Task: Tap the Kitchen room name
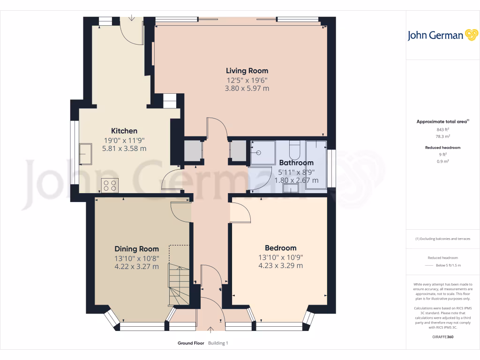coord(124,131)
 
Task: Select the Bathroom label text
coord(296,163)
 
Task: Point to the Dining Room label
coord(136,249)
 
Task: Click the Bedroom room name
coord(280,248)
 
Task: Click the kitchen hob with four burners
coord(110,185)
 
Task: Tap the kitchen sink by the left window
coord(86,154)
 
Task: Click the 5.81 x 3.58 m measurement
coord(124,149)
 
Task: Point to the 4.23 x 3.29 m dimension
coord(280,265)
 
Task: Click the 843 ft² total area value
coord(442,129)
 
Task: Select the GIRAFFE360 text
coord(442,337)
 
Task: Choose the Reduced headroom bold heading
coord(442,148)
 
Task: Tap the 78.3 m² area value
coord(442,136)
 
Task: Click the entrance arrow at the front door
coord(210,329)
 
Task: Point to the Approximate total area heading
coord(442,121)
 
